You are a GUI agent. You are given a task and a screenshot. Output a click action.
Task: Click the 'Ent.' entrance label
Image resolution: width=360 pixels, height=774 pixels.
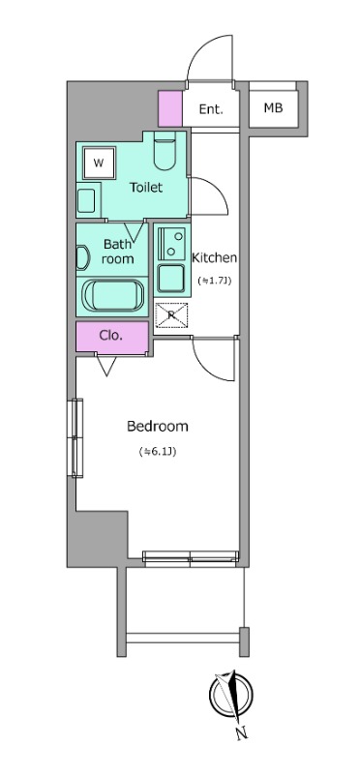point(211,109)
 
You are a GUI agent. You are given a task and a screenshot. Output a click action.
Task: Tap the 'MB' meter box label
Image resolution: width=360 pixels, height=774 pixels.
point(273,107)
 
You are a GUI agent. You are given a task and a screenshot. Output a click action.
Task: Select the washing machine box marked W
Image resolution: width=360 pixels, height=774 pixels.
point(99,163)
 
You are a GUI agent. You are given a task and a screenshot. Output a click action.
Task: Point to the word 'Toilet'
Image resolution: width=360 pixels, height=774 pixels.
point(146,188)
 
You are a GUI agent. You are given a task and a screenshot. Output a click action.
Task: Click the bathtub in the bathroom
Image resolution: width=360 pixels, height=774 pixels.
point(112,295)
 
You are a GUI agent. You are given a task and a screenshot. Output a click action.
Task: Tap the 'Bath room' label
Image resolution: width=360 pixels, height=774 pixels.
point(118,251)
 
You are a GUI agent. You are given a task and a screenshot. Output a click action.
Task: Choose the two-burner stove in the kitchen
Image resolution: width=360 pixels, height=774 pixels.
point(171,244)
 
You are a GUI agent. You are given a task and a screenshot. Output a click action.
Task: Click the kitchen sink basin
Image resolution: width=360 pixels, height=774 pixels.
point(171,278)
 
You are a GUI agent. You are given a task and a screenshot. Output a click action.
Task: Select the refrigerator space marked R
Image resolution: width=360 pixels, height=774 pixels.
point(171,315)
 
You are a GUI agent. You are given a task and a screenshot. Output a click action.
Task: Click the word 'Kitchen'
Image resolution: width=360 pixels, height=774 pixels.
point(214,257)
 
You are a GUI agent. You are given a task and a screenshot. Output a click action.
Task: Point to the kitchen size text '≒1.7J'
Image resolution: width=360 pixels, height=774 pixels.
point(215,281)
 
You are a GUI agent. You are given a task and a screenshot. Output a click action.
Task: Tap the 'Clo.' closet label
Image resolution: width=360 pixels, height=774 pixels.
point(111,336)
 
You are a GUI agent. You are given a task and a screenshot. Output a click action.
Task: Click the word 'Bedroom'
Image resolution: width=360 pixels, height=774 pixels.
point(158,426)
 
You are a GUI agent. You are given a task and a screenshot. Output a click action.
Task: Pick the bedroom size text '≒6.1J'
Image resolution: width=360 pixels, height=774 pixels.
point(158,451)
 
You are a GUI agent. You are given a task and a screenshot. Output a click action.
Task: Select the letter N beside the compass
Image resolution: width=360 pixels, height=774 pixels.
point(242,734)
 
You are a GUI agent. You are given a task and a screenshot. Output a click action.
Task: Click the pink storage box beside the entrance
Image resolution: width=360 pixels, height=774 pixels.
point(170,108)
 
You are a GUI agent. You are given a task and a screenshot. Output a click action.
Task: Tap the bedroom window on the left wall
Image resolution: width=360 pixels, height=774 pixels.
point(77,438)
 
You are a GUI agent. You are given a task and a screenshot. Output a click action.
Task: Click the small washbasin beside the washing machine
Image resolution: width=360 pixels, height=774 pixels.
point(88,200)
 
